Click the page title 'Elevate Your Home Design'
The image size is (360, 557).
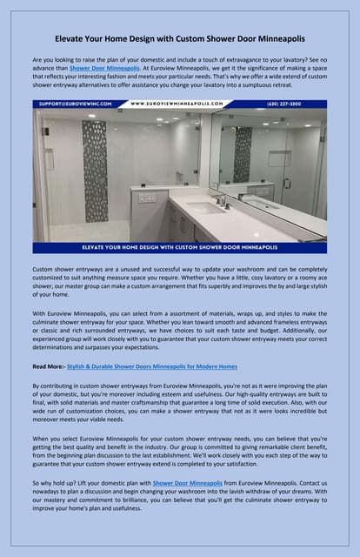[x=180, y=39]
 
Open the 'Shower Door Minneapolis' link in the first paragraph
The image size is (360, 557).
[x=103, y=66]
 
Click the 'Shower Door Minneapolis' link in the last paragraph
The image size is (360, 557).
[x=188, y=481]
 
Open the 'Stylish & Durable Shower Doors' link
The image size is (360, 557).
[x=151, y=366]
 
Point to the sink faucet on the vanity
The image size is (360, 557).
[x=222, y=201]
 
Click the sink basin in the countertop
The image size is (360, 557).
[x=206, y=208]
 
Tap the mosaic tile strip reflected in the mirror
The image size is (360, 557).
[x=242, y=154]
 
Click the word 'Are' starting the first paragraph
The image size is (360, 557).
[x=37, y=57]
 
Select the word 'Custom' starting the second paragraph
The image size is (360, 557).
[x=43, y=269]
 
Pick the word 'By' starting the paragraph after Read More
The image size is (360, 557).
[x=36, y=385]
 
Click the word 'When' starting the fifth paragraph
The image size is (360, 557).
[x=41, y=438]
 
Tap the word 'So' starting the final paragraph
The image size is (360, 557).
[x=36, y=481]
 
